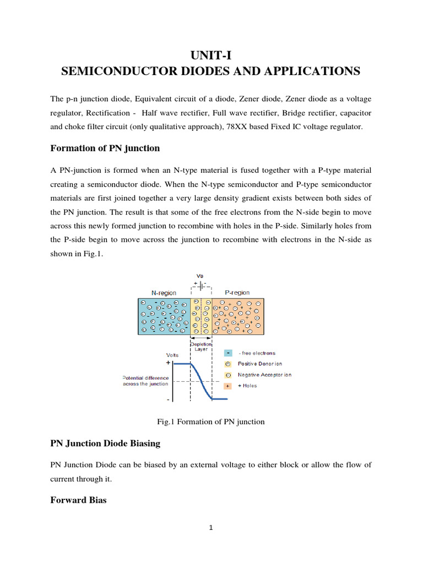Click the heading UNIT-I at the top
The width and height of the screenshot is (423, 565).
[x=211, y=54]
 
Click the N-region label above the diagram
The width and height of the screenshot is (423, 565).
[x=164, y=293]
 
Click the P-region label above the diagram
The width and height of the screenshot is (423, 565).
[x=237, y=293]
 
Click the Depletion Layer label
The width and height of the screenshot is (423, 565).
[x=200, y=347]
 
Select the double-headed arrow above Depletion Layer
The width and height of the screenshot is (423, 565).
[x=200, y=338]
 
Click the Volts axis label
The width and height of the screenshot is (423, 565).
[x=172, y=355]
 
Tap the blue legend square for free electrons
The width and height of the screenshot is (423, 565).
[x=227, y=353]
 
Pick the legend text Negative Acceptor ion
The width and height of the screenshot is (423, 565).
[x=264, y=375]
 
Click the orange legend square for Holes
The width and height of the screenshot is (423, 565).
[x=227, y=386]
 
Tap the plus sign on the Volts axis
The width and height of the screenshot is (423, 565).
[x=168, y=364]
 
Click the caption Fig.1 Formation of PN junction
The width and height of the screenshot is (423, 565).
[x=211, y=422]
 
